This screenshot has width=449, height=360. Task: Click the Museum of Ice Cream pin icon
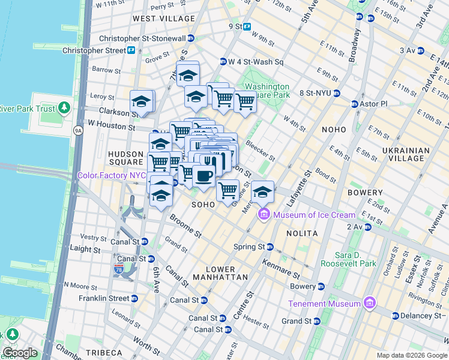tap(264, 215)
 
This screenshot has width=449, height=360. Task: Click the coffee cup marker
tap(204, 176)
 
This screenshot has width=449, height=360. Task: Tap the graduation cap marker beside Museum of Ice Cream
tap(262, 192)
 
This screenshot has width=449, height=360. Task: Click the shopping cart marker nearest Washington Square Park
tap(245, 101)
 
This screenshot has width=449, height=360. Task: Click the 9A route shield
tap(78, 130)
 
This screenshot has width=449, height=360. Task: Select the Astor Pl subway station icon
tap(355, 104)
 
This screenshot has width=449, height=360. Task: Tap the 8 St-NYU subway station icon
tap(337, 93)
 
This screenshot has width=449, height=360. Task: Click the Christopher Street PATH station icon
tap(130, 50)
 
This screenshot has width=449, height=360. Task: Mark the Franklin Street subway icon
tap(134, 298)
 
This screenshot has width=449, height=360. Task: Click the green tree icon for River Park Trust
tap(63, 109)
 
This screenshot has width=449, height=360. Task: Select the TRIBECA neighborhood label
tap(103, 352)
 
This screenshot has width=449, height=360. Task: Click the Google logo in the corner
tap(20, 353)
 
